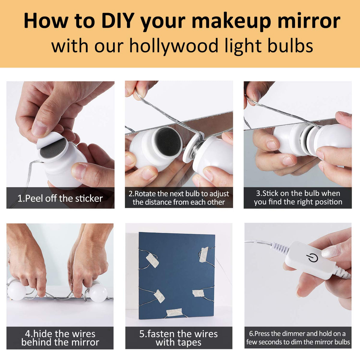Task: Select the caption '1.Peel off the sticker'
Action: tap(60, 198)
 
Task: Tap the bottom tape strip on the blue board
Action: tap(174, 312)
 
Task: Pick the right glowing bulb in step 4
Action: tap(98, 293)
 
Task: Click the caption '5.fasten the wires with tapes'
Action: tap(178, 338)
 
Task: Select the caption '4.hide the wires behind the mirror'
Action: tap(60, 338)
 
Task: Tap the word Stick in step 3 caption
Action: tap(270, 193)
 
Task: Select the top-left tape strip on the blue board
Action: tap(152, 260)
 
